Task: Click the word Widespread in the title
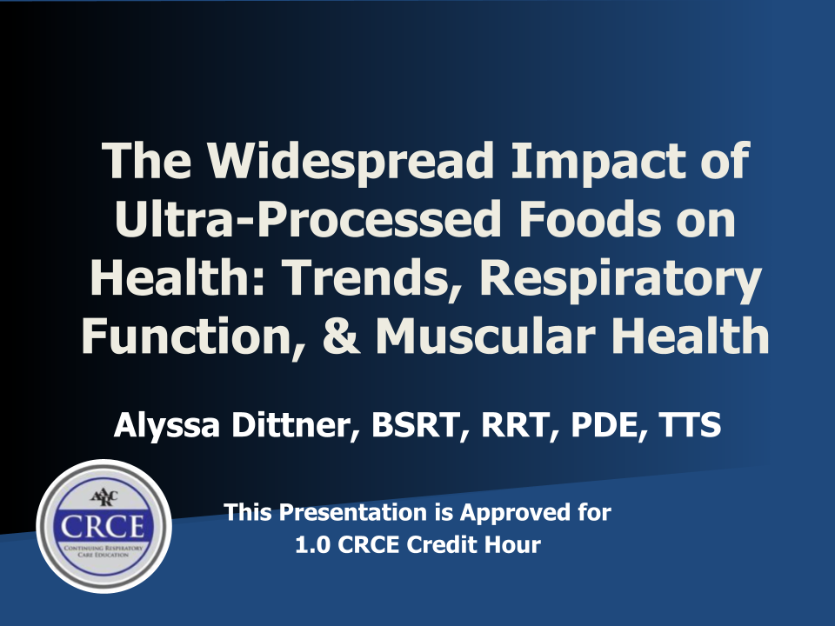pos(350,162)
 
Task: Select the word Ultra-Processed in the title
pos(308,219)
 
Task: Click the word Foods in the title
pos(590,219)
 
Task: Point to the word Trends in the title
pos(367,278)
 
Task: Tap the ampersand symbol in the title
pos(341,336)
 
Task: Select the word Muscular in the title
pos(485,336)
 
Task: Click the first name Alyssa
pos(167,426)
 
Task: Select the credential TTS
pos(690,425)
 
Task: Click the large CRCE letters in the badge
pos(103,527)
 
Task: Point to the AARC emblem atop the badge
pos(104,497)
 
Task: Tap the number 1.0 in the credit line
pos(311,545)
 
